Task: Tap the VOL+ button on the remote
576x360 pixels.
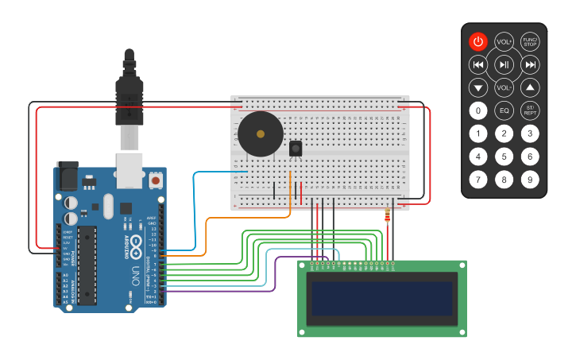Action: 504,41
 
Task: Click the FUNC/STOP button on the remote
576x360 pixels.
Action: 530,41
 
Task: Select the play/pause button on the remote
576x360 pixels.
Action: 504,64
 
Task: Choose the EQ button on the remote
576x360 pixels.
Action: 504,110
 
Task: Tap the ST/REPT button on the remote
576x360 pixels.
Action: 530,110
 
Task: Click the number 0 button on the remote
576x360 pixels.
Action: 477,110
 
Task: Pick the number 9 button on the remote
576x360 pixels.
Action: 530,180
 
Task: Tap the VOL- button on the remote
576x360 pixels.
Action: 504,87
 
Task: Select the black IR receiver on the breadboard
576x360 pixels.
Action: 296,149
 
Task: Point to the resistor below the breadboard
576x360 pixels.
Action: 387,215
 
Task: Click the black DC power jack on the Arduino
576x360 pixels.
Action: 68,176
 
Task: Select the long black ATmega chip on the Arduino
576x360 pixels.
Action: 87,265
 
